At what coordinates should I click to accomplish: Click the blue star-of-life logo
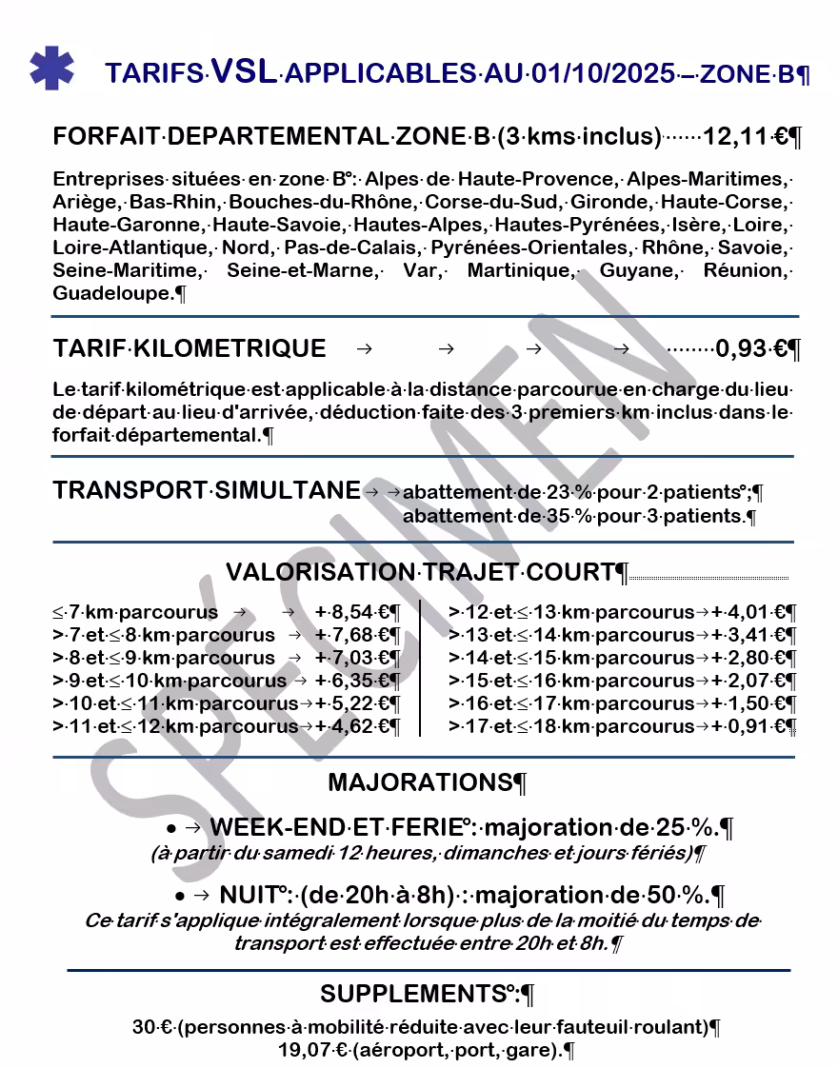(51, 68)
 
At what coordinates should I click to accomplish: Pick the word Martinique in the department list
(521, 271)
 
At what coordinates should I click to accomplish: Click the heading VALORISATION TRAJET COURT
(420, 572)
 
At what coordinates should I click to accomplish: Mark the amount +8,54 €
(352, 612)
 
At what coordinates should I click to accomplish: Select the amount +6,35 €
(352, 681)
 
